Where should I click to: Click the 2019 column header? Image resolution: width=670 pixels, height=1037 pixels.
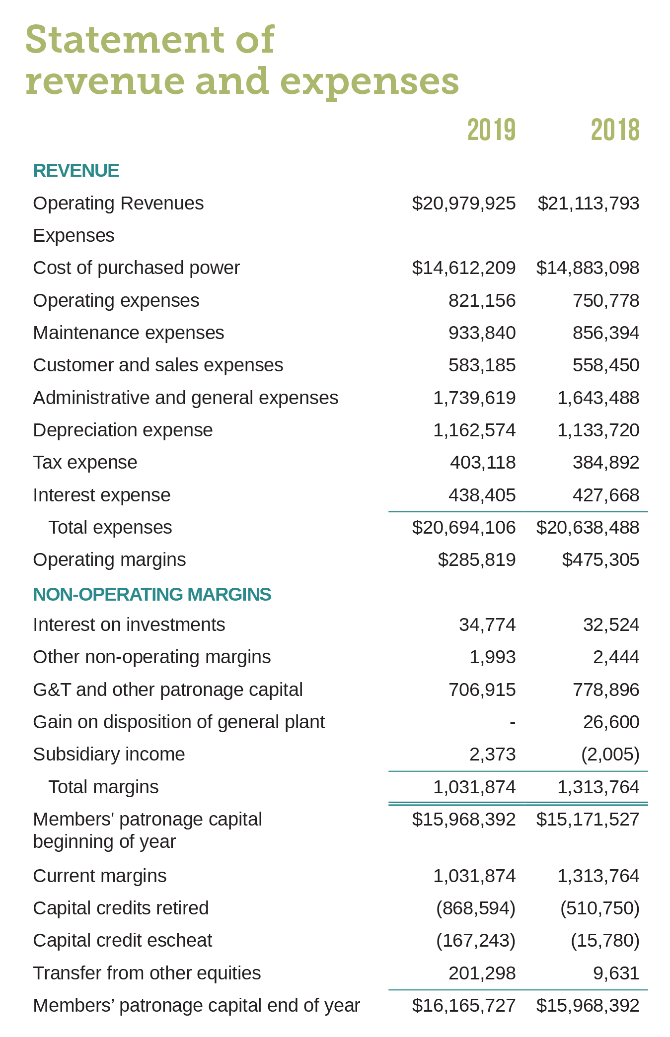491,130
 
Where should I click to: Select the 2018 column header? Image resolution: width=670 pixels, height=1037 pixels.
615,130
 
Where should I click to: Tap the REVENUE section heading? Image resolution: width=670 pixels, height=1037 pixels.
76,170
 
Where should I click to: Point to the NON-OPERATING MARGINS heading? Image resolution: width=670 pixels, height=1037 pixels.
152,594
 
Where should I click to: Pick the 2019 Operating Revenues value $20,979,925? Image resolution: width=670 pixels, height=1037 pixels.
464,203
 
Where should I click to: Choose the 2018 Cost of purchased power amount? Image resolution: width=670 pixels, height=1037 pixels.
588,268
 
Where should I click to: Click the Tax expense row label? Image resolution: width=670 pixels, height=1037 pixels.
85,462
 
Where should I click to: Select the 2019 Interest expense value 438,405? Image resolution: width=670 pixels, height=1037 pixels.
482,495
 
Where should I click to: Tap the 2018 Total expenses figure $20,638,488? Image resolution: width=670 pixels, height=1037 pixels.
588,527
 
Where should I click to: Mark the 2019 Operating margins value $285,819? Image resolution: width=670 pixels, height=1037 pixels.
477,559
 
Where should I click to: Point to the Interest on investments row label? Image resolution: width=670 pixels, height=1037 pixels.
129,624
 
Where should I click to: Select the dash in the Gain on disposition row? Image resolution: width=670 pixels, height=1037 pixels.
513,722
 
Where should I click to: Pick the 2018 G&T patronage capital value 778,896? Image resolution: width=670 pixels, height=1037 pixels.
606,690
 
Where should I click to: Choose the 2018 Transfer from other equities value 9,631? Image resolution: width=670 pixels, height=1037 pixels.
616,973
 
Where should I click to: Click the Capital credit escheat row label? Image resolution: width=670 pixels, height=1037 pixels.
122,940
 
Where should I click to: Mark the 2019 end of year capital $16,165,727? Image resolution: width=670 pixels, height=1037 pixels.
464,1005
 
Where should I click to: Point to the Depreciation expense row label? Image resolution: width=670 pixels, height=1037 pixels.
123,430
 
